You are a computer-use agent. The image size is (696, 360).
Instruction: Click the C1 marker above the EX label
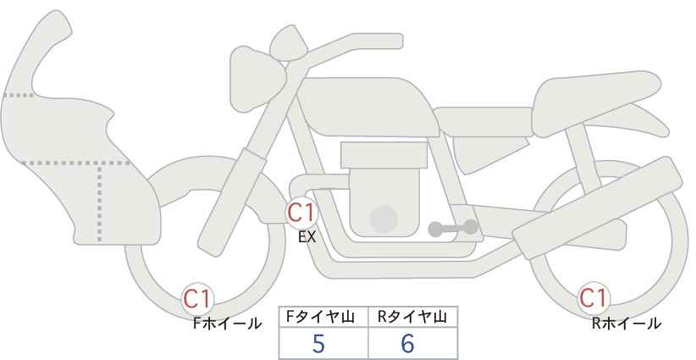(301, 213)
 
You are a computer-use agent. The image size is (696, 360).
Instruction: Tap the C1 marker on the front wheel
(197, 299)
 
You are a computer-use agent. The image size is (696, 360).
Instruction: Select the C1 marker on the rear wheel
(594, 298)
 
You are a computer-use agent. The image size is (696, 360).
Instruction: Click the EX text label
(307, 237)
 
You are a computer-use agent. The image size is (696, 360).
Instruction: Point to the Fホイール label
(227, 324)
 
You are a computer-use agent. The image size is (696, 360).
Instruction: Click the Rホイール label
(627, 324)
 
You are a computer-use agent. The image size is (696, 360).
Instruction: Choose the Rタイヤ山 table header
(412, 317)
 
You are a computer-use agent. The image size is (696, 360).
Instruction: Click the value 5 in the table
(318, 343)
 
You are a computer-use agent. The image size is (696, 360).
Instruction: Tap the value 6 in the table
(407, 343)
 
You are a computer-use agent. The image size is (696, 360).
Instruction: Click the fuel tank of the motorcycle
(368, 107)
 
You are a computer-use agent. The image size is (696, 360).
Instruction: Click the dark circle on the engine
(384, 219)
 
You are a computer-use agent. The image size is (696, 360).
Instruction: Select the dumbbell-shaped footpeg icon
(453, 228)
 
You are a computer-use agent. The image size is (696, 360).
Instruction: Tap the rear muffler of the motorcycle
(597, 208)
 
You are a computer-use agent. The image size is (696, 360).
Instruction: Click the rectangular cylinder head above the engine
(384, 155)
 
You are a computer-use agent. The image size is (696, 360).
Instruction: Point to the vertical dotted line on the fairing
(99, 202)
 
